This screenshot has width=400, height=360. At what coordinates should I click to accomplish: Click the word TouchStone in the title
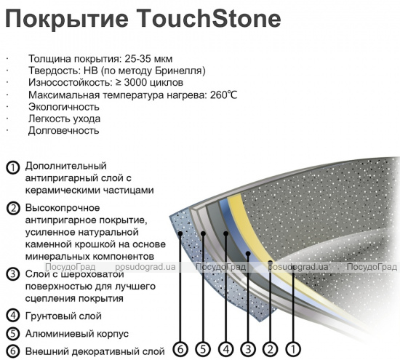click(x=209, y=19)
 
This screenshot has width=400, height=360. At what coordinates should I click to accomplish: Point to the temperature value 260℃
click(x=224, y=95)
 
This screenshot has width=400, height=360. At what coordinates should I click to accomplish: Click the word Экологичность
click(x=64, y=107)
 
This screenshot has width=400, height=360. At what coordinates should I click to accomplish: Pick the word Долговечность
click(x=63, y=131)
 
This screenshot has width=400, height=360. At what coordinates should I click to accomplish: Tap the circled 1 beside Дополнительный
click(x=13, y=167)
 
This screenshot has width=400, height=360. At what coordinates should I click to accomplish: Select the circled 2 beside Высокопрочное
click(x=13, y=209)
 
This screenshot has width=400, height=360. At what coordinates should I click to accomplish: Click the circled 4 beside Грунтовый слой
click(x=13, y=316)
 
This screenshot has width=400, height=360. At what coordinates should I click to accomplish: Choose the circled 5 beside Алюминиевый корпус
click(x=13, y=334)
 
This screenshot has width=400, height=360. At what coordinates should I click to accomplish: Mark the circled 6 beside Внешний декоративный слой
click(x=13, y=351)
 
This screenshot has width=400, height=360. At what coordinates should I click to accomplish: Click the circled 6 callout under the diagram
click(x=180, y=349)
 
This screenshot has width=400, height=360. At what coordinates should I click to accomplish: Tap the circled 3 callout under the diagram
click(x=248, y=349)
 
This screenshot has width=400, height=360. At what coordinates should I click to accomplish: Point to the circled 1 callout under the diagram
click(x=293, y=349)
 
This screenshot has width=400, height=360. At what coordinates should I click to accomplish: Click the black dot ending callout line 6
click(x=180, y=233)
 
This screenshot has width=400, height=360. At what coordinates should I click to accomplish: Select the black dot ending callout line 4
click(x=225, y=233)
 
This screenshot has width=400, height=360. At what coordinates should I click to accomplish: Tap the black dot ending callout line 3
click(x=248, y=253)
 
